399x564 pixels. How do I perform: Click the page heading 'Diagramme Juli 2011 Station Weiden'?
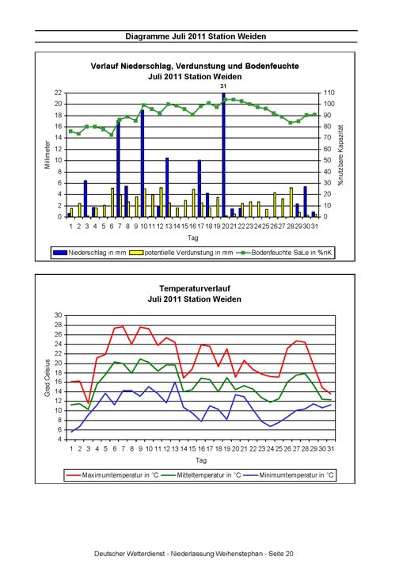(196, 36)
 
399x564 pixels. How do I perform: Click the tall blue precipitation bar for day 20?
(223, 154)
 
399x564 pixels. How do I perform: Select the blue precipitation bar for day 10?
(142, 163)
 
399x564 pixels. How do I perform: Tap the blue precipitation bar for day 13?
(167, 187)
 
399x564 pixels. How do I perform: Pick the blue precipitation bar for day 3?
(85, 199)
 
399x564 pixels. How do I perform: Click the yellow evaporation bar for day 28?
(291, 202)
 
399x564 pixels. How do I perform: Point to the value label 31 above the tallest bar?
(223, 86)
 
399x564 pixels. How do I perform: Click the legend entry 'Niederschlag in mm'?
(89, 253)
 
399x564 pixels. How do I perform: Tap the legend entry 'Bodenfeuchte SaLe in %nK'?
(285, 253)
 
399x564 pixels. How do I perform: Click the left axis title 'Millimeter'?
(47, 154)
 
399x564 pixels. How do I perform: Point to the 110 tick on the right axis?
(329, 93)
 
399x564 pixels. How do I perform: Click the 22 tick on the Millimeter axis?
(59, 93)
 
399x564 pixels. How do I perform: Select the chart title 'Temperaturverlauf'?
(195, 288)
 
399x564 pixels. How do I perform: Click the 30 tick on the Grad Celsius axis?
(59, 315)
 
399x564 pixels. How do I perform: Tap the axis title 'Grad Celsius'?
(47, 378)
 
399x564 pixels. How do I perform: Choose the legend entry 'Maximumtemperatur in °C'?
(112, 475)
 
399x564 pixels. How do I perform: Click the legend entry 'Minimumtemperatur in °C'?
(289, 475)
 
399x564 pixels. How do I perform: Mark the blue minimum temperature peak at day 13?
(175, 382)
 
